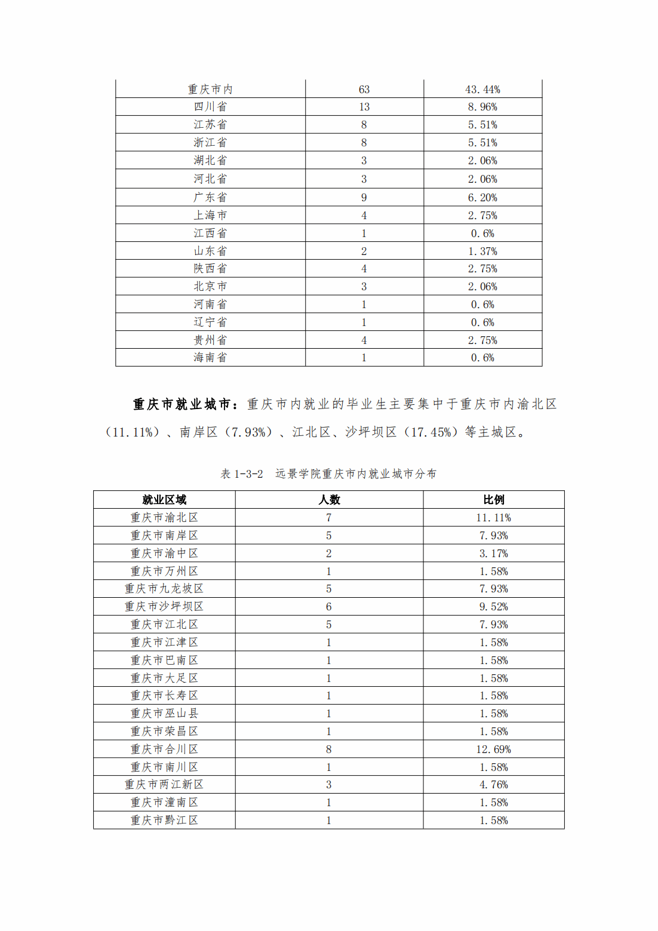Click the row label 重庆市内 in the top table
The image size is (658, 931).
click(210, 90)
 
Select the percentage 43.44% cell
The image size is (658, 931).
click(482, 90)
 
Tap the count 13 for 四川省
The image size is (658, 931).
click(364, 107)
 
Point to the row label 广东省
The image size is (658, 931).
click(210, 197)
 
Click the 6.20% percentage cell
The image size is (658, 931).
click(482, 198)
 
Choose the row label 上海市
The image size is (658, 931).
click(210, 215)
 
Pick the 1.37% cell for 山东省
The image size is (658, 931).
click(482, 251)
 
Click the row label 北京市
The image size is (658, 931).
click(210, 287)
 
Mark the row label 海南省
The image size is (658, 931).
click(210, 358)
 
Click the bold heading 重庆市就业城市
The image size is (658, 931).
click(182, 404)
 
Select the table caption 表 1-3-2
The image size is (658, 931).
click(242, 474)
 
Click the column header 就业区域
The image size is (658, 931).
click(164, 500)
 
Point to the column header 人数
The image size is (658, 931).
click(329, 500)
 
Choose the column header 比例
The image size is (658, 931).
click(494, 500)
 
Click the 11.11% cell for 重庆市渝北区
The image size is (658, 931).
click(494, 518)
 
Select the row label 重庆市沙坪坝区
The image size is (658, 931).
click(164, 607)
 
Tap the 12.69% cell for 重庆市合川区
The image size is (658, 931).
click(494, 749)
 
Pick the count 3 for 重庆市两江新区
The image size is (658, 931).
click(329, 785)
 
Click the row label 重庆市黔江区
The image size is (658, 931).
click(164, 821)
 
